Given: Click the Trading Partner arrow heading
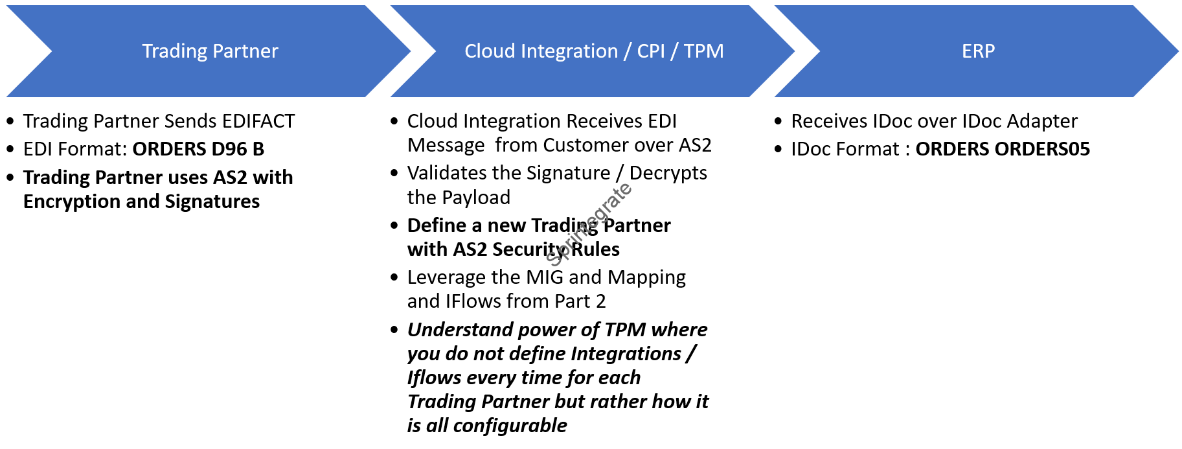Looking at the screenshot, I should click(210, 51).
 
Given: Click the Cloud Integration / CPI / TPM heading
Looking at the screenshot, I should click(594, 51).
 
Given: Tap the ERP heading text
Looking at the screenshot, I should click(978, 51).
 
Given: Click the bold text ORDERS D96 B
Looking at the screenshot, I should click(198, 149).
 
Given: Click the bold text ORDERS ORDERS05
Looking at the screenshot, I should click(1003, 149).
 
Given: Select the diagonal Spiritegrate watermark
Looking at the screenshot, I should click(589, 224).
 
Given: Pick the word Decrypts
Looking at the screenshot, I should click(668, 173).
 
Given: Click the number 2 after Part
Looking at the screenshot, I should click(600, 301).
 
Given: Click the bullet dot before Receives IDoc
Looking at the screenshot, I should click(779, 121).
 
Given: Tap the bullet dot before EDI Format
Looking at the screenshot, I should click(10, 149).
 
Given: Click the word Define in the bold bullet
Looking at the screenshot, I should click(437, 225).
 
